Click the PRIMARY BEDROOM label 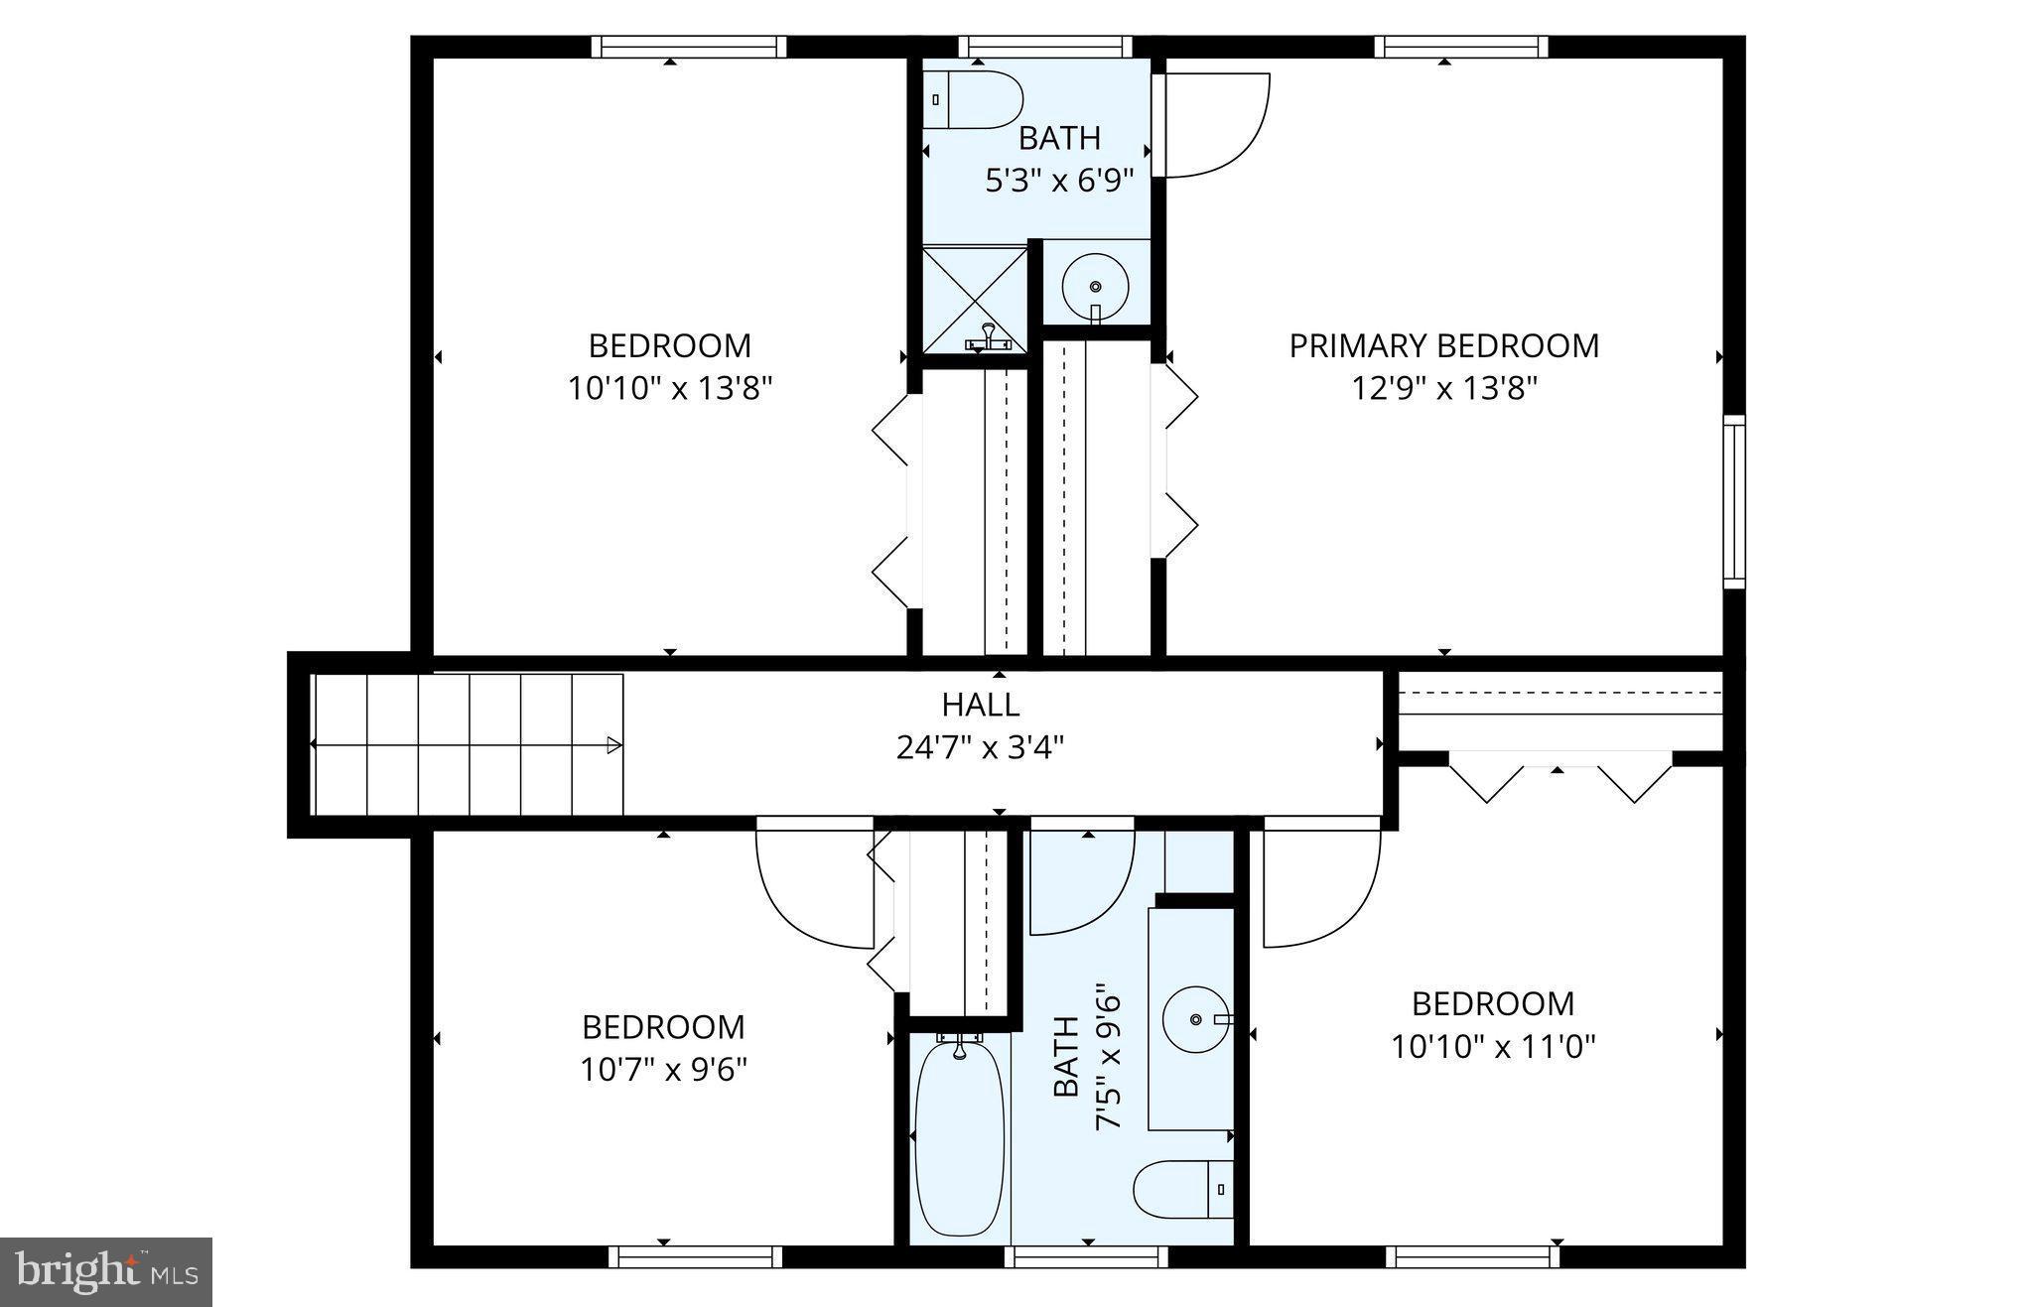click(x=1443, y=345)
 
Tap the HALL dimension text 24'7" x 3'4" click(x=980, y=747)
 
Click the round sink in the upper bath click(x=1095, y=286)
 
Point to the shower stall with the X click(x=974, y=297)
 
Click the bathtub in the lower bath click(x=959, y=1137)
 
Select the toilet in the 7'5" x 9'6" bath click(x=1181, y=1189)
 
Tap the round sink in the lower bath click(x=1195, y=1019)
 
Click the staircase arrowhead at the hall click(x=614, y=745)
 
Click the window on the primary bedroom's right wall click(x=1733, y=502)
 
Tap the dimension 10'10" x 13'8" click(x=670, y=387)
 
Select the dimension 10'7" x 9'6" click(x=663, y=1070)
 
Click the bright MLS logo click(x=106, y=1270)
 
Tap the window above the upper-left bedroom click(x=689, y=47)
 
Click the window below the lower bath click(x=1086, y=1257)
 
